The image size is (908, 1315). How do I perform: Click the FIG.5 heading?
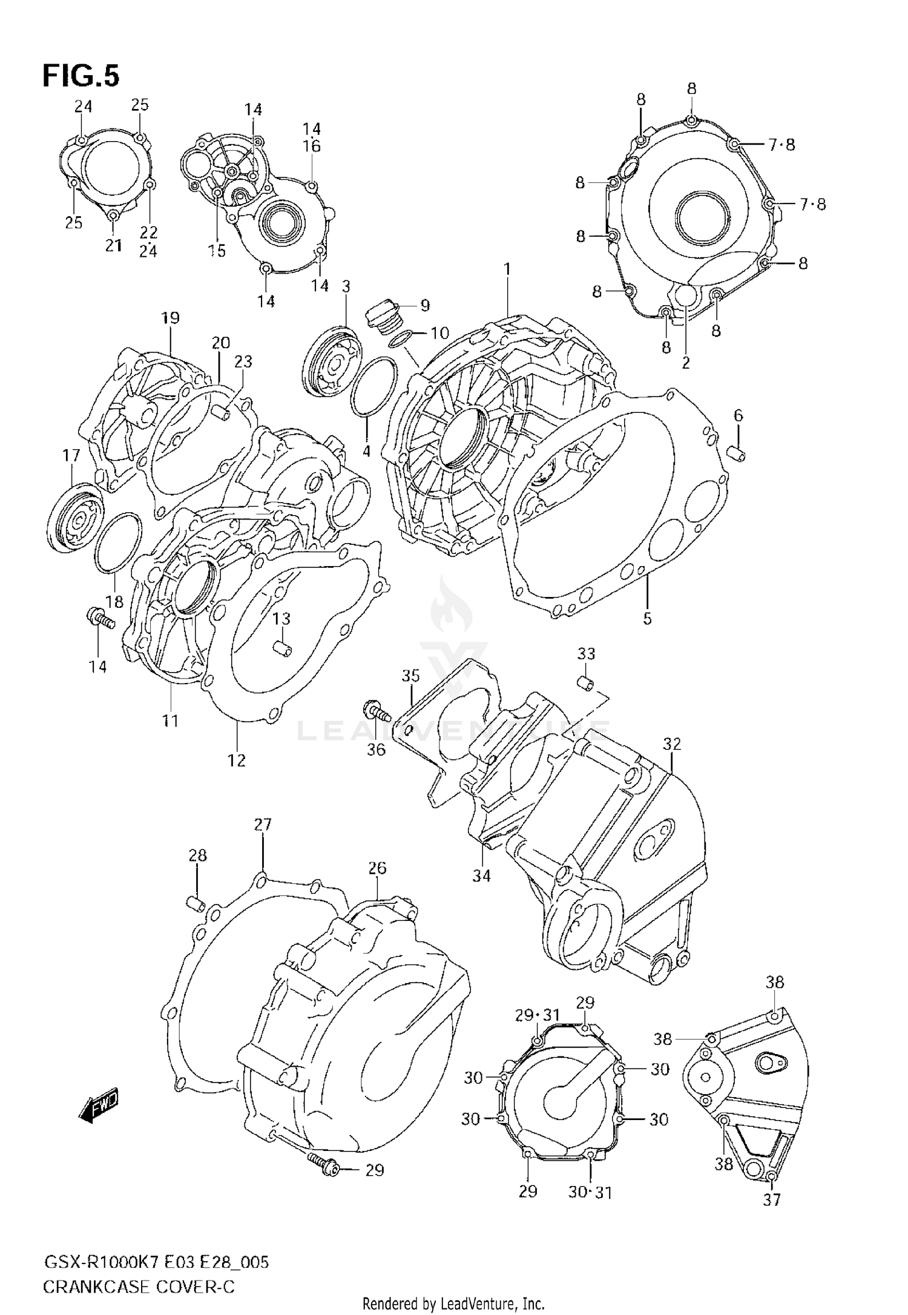point(81,76)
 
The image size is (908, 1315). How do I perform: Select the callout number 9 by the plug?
point(425,306)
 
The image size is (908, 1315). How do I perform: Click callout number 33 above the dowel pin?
point(586,654)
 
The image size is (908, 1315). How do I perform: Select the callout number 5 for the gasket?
point(647,619)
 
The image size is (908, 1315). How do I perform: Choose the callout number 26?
point(377,868)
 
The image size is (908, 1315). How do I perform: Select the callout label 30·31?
point(590,1191)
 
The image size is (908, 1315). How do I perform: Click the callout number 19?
point(171,318)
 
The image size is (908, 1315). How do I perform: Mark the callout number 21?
point(114,245)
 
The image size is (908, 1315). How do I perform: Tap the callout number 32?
point(672,744)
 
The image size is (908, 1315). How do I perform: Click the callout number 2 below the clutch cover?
point(686,363)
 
